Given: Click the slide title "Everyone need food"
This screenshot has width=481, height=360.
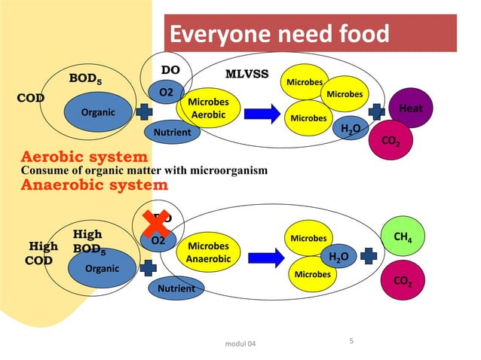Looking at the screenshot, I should tap(279, 34).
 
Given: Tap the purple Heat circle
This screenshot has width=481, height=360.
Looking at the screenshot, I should tap(410, 109).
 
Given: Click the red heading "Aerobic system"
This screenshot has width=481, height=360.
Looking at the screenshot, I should tap(83, 157).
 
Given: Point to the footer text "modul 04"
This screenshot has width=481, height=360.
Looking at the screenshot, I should tap(240, 344).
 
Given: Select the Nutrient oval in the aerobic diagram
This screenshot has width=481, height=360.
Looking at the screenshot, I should tap(172, 133).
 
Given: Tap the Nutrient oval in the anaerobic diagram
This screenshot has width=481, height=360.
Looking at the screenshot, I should tap(175, 288).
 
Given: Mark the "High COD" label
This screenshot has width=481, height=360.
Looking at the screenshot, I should tap(42, 253).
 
